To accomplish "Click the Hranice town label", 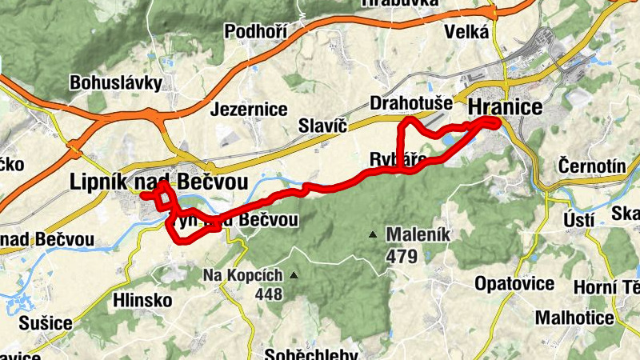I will [x=506, y=107].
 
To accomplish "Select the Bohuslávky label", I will [x=116, y=82].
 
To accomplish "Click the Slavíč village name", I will [x=321, y=125].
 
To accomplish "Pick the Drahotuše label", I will [x=411, y=104].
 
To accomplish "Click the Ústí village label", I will [x=579, y=219].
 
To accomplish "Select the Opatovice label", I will [x=514, y=284].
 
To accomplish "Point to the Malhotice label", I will [x=574, y=318].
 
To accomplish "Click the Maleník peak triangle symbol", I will [x=372, y=235].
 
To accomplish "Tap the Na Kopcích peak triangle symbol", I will [x=294, y=276].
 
